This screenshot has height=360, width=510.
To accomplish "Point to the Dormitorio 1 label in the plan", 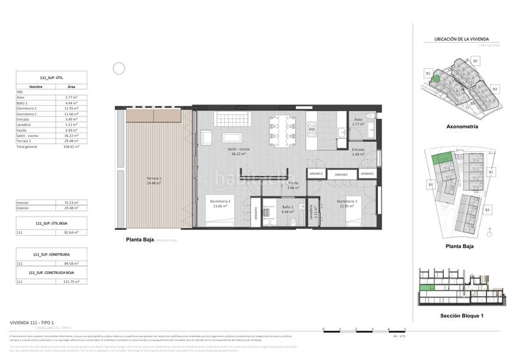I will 347,202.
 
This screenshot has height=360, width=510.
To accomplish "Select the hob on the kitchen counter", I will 312,131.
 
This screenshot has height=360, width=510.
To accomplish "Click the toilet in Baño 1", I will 293,220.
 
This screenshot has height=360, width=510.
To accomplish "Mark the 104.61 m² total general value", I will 70,147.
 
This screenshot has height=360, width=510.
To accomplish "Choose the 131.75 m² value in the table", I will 70,281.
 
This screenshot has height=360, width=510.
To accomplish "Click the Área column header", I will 71,86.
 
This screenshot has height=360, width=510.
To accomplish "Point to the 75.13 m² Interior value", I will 70,202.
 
